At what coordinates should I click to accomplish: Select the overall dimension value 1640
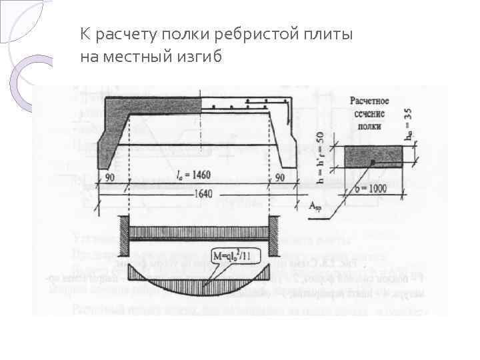click(195, 194)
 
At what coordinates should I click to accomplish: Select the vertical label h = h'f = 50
click(321, 157)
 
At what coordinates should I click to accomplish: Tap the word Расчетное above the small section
click(369, 101)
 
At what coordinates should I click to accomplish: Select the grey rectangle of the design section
click(373, 157)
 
